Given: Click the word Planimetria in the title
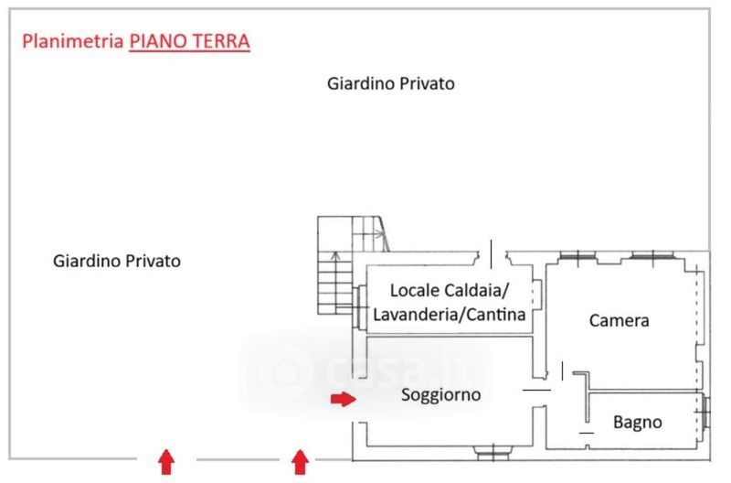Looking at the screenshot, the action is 72,41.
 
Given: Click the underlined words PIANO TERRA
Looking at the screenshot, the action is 190,41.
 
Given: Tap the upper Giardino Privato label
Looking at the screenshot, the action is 391,83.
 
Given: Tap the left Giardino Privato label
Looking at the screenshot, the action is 117,261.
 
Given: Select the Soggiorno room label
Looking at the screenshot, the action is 441,395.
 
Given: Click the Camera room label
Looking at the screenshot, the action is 620,320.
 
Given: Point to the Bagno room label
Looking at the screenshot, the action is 637,423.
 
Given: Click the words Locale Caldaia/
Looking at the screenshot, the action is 449,290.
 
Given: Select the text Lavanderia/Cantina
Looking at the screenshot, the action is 450,315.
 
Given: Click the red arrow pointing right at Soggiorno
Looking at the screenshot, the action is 344,399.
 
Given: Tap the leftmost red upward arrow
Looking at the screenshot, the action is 166,462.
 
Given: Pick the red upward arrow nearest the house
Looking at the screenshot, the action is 300,462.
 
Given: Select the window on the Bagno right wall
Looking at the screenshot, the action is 705,413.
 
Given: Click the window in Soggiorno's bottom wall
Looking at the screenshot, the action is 493,452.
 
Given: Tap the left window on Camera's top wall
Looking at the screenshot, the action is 577,256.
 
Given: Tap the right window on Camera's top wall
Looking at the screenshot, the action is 652,256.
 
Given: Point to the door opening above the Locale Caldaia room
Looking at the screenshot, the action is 493,255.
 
